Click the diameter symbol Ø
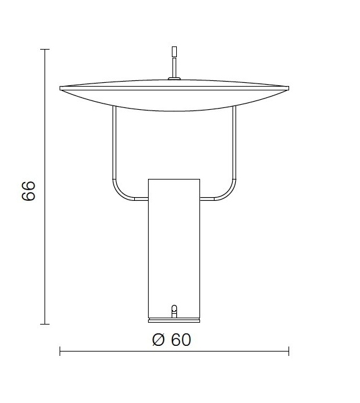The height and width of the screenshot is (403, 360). click(158, 340)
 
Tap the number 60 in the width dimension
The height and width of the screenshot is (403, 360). click(180, 340)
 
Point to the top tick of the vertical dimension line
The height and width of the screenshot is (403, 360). click(44, 49)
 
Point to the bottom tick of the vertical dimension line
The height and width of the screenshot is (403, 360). click(44, 324)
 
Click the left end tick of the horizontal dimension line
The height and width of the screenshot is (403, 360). click(60, 351)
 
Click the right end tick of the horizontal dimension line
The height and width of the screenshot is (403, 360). click(289, 351)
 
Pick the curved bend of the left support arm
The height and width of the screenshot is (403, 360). click(119, 192)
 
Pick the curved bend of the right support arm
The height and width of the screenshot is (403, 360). click(229, 192)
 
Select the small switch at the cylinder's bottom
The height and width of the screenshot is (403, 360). click(174, 310)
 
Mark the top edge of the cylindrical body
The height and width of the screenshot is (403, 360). click(174, 179)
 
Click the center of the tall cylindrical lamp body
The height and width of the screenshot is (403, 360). click(174, 248)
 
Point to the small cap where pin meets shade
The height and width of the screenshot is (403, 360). click(174, 78)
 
